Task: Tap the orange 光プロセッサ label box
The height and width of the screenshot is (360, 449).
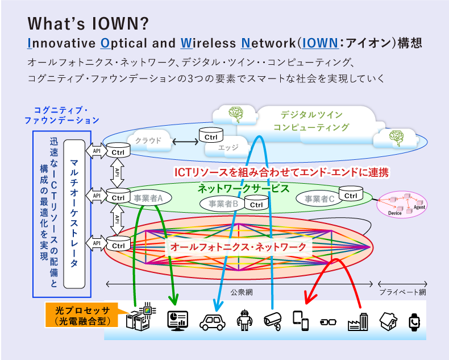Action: pos(80,316)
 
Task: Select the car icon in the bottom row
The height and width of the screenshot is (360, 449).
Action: pos(213,321)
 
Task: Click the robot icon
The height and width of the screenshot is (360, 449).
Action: pos(243,320)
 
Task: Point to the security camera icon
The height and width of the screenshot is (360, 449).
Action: pos(273,321)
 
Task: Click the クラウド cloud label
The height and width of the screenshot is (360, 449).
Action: pos(148,140)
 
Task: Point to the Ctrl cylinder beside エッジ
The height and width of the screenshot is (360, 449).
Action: pos(211,136)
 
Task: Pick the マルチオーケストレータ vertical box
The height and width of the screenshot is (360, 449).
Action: pos(74,213)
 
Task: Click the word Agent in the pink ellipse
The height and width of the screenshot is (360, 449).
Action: pos(419,208)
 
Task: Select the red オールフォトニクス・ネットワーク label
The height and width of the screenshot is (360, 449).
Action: pos(238,247)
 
